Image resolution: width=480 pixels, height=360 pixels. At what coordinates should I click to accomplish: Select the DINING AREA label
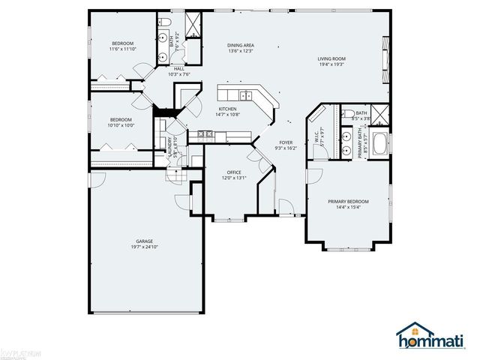point(241,46)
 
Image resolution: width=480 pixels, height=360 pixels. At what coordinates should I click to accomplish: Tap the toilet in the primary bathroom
point(352,114)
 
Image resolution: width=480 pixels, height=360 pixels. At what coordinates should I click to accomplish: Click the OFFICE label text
point(234,172)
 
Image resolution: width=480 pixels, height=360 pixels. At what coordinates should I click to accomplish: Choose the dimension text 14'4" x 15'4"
point(348,208)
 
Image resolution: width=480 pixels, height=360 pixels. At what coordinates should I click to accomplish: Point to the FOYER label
point(286,142)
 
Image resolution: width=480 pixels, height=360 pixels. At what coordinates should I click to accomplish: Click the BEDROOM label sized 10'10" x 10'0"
point(121,120)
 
